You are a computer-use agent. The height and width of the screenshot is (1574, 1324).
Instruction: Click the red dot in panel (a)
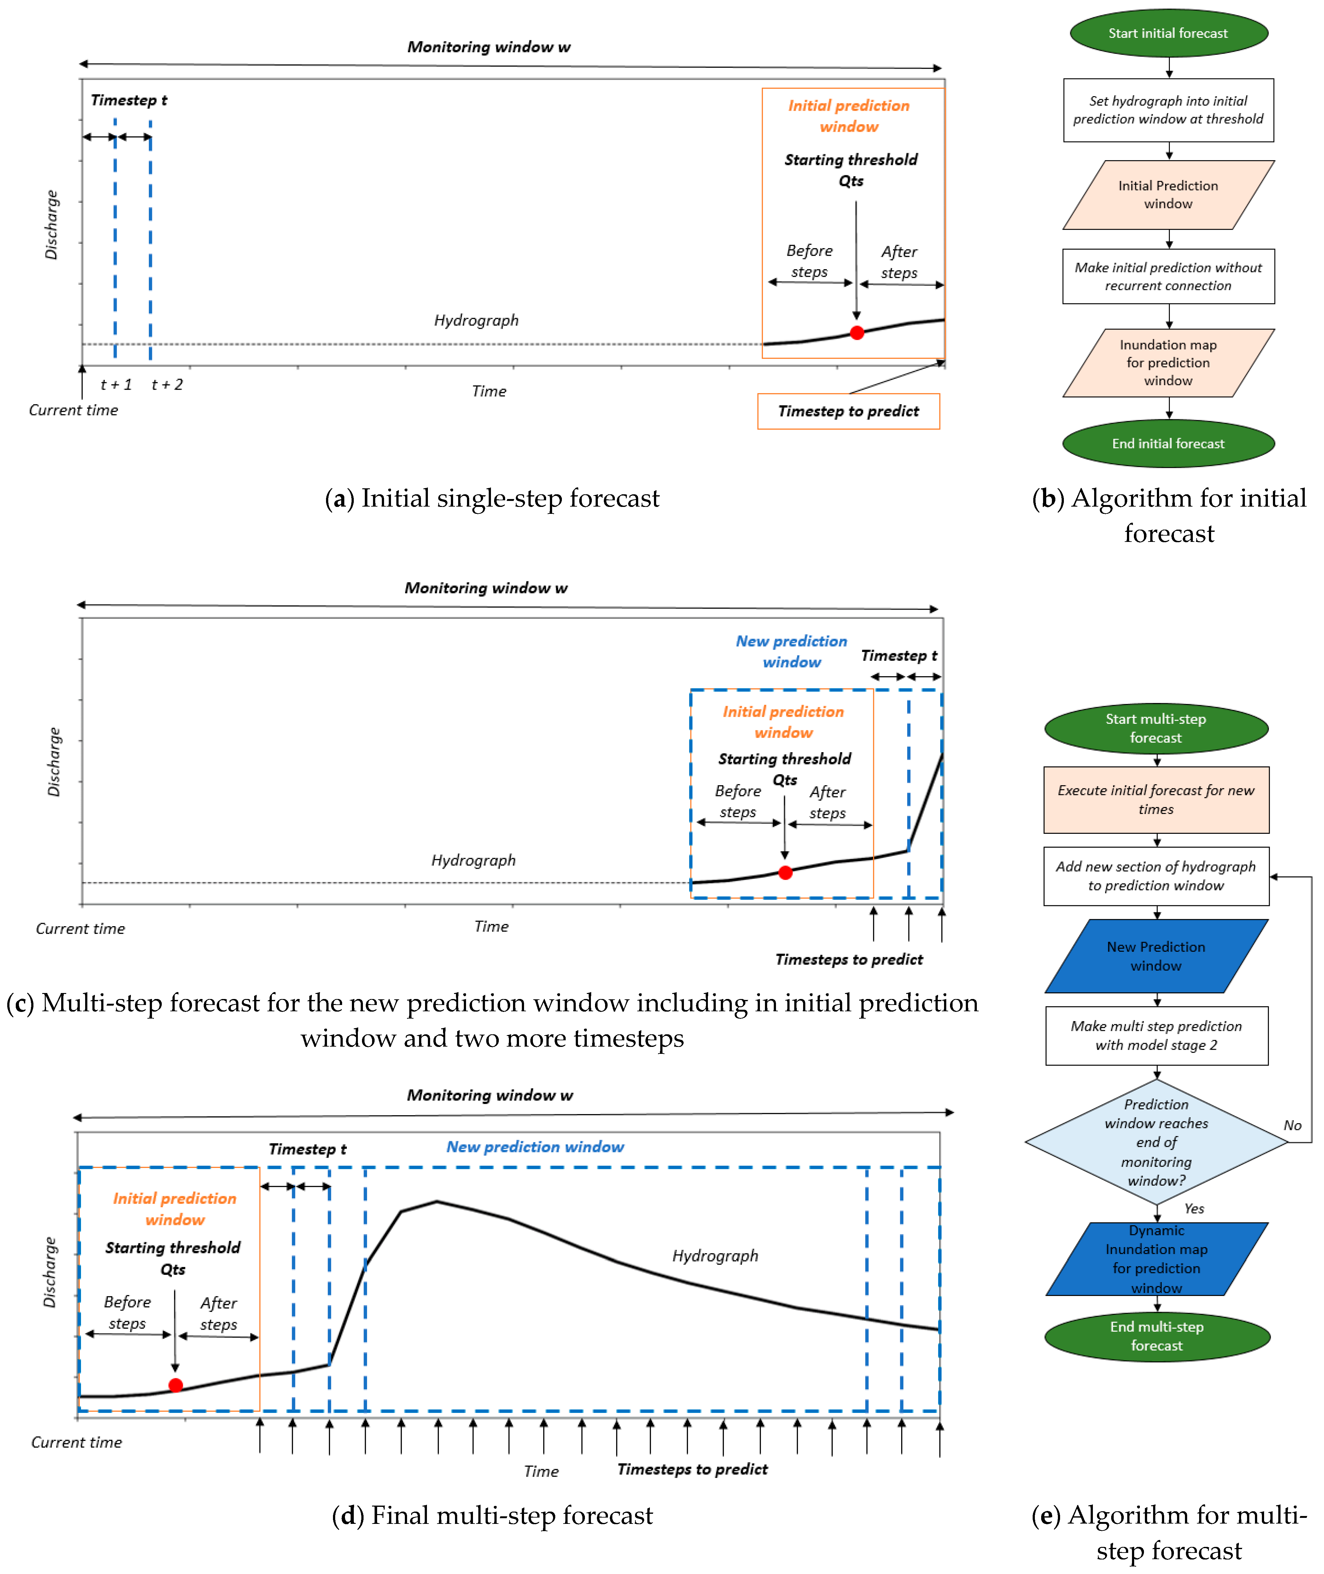(x=856, y=332)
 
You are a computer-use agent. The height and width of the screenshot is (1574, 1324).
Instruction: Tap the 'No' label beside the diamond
(x=1292, y=1125)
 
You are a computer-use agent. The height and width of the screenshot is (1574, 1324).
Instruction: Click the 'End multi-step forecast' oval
(x=1157, y=1336)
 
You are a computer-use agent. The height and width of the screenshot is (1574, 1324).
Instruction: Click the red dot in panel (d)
(x=176, y=1385)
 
